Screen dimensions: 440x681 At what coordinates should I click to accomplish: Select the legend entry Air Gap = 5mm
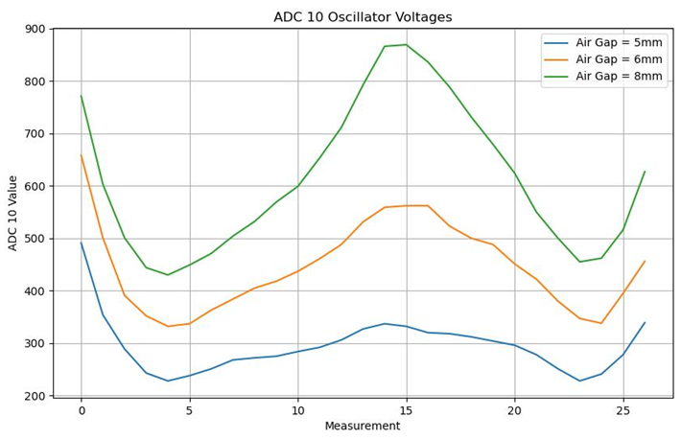619,43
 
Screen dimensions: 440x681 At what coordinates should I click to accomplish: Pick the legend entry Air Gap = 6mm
619,59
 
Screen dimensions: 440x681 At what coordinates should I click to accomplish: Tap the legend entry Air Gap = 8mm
619,77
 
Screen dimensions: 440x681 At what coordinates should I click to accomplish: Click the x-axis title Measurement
363,426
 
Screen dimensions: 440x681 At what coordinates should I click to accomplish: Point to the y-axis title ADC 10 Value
13,213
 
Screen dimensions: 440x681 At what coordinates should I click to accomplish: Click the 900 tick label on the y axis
34,29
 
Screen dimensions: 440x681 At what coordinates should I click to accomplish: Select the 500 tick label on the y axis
34,239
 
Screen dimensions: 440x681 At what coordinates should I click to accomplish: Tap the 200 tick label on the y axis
34,396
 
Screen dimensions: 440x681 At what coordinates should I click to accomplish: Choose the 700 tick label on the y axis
34,133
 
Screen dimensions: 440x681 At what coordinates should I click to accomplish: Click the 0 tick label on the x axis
82,409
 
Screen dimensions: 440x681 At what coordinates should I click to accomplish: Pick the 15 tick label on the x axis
407,409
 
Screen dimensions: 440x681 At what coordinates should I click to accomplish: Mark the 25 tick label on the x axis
623,409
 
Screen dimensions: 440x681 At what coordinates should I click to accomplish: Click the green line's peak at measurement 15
407,45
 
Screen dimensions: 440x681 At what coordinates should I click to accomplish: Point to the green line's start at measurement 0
82,96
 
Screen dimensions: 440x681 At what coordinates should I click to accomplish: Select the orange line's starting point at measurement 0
82,155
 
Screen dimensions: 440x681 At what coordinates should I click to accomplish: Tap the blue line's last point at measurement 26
645,323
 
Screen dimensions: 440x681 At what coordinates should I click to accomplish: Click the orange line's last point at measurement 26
645,262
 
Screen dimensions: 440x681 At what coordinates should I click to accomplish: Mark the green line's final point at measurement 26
645,172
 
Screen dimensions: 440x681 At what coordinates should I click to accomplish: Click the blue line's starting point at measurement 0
82,243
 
